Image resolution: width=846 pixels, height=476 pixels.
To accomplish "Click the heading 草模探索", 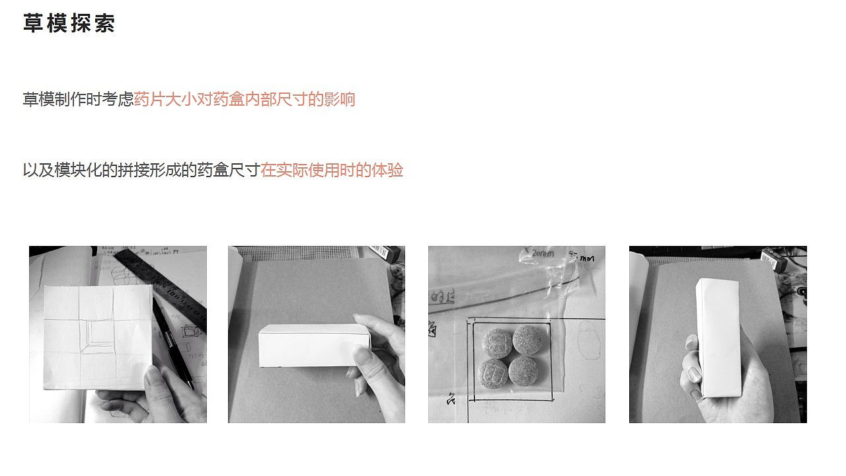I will [69, 23].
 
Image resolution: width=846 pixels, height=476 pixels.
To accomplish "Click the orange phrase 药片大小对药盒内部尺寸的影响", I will [245, 100].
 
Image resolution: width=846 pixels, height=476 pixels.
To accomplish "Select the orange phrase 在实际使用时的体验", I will [332, 171].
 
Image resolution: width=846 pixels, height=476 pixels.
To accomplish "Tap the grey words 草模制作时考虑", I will [78, 100].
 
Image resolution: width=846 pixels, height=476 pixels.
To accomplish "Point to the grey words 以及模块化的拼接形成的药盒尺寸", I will [141, 171].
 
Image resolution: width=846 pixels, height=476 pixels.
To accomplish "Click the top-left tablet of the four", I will [497, 341].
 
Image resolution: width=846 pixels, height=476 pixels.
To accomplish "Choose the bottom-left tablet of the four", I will [492, 373].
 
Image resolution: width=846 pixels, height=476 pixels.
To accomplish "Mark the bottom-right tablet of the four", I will [521, 371].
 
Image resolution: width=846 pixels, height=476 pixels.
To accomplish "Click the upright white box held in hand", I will [716, 337].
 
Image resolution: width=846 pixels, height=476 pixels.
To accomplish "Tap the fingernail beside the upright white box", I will [693, 374].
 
